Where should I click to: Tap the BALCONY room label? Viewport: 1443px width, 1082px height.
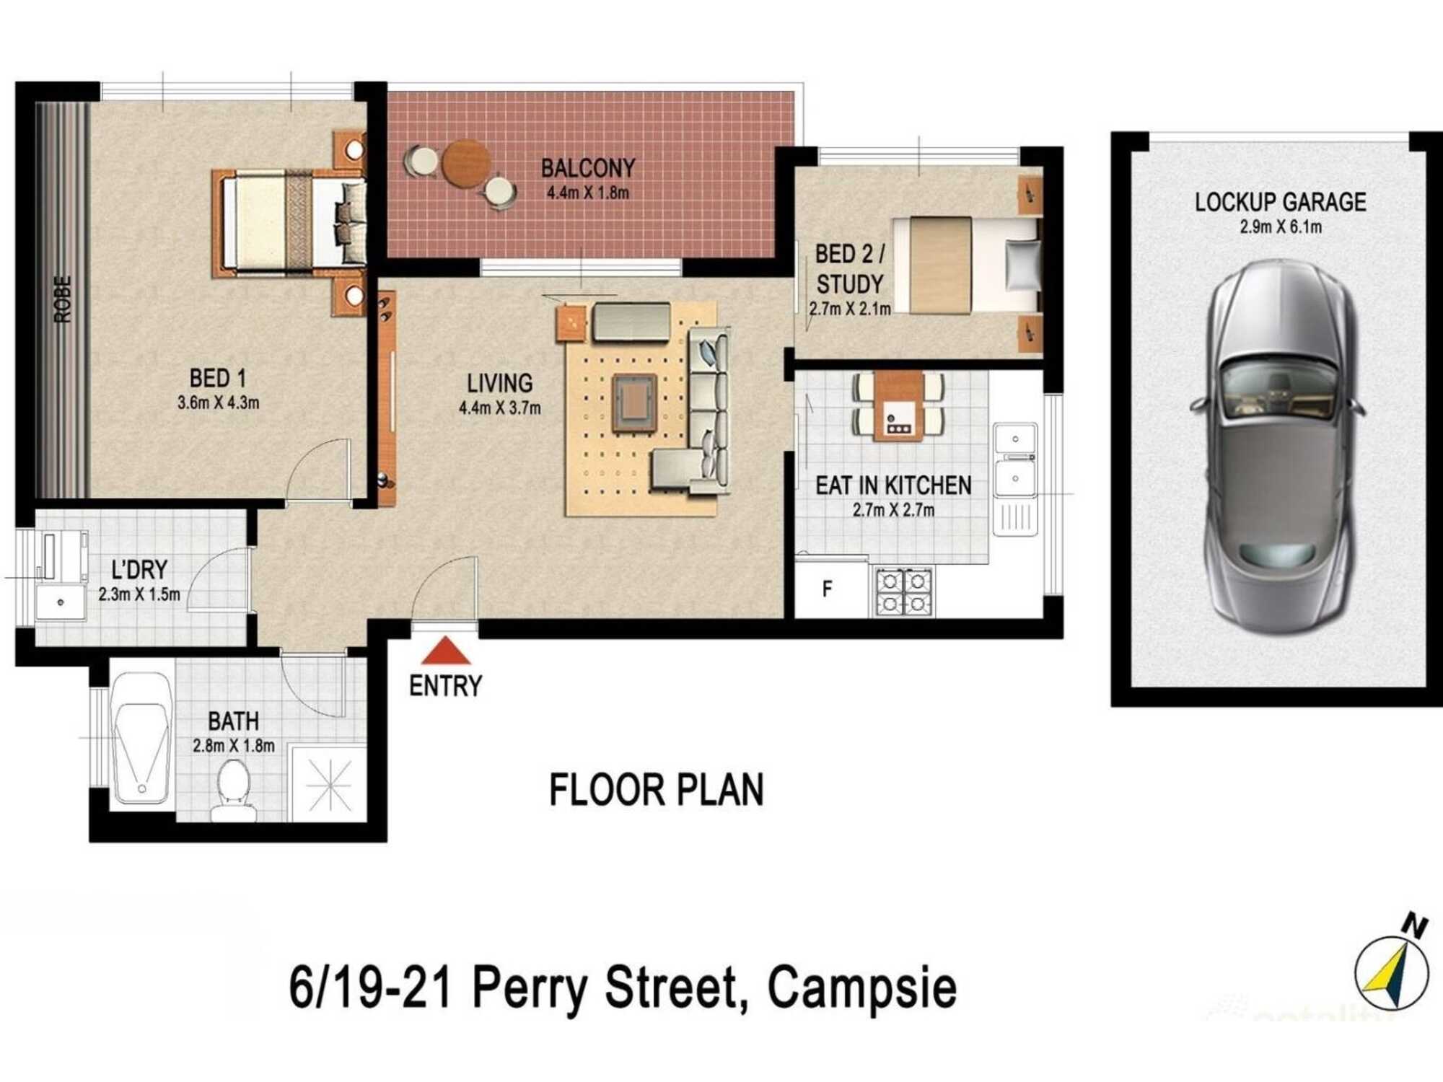[587, 168]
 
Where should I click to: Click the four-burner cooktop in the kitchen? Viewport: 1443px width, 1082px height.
[904, 592]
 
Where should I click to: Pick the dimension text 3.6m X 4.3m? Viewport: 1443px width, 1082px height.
[218, 403]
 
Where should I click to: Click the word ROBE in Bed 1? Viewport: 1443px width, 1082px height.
[63, 299]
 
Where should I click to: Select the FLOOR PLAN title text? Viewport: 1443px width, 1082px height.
[656, 790]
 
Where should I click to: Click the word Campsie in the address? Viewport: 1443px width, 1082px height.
[861, 988]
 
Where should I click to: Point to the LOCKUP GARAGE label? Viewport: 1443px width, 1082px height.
[1280, 202]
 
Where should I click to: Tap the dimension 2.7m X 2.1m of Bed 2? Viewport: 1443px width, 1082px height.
[849, 309]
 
